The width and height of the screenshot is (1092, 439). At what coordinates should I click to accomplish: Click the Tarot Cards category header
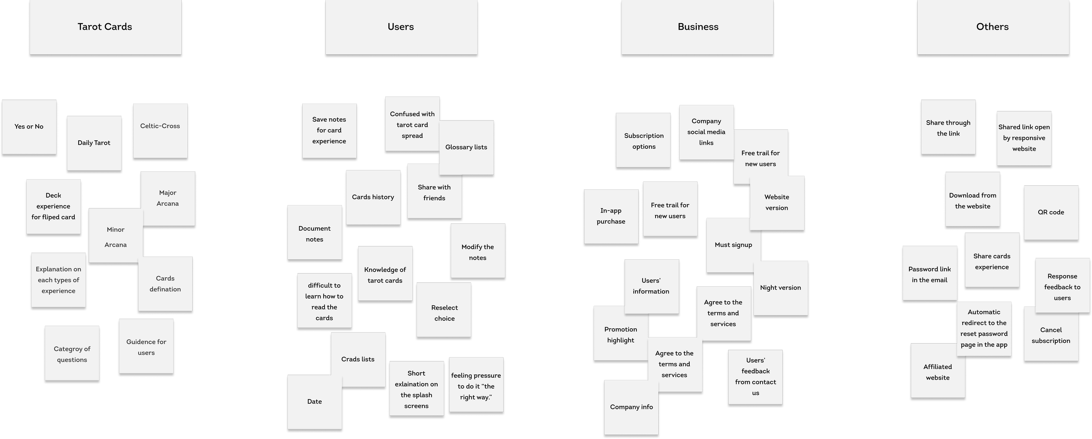coord(105,27)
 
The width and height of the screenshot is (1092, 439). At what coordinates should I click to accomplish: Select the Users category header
coord(401,27)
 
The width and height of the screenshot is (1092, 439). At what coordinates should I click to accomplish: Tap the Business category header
coord(698,27)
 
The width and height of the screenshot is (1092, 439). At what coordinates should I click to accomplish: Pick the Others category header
coord(992,27)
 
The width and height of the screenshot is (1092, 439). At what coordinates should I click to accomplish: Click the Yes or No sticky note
coord(29,127)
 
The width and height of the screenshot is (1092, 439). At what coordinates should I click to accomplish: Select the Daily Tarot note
coord(94,143)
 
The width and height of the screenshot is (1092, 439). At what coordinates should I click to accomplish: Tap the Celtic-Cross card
coord(160,126)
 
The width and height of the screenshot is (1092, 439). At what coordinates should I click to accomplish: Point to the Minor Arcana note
coord(115,237)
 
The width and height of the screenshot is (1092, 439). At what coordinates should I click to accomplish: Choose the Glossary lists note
coord(466,147)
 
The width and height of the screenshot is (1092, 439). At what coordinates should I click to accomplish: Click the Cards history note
coord(373,197)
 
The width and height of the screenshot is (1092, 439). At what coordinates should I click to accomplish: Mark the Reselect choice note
coord(444,313)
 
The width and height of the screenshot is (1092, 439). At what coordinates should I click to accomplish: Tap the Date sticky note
coord(314,401)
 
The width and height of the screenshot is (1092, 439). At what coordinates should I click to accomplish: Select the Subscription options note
coord(643,141)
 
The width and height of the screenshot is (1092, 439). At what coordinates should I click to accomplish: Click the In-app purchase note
coord(611,216)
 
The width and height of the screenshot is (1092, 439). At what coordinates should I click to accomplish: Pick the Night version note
coord(780,288)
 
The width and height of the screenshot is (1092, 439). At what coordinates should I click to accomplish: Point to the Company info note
coord(631,407)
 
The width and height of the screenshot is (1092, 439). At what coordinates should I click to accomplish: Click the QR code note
coord(1051,213)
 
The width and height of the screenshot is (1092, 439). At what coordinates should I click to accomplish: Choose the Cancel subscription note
coord(1051,335)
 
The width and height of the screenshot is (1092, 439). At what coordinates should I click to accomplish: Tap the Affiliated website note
coord(937,372)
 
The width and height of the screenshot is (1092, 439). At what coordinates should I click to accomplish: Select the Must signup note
coord(733,245)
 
